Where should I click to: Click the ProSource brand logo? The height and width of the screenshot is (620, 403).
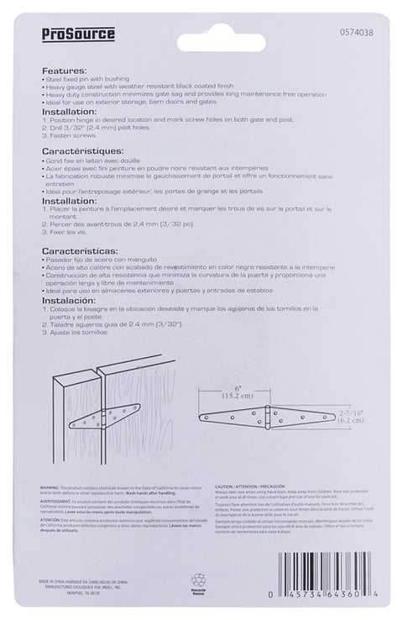(78, 34)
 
